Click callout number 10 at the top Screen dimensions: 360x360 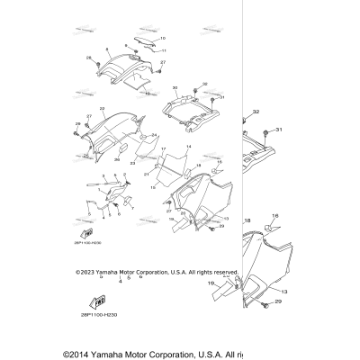click(x=162, y=40)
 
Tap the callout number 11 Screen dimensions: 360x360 click(x=163, y=51)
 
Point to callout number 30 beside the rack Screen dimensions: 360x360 click(x=175, y=89)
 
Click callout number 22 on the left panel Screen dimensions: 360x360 click(x=103, y=109)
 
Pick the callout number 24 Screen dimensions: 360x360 click(x=154, y=136)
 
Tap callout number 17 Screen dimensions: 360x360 click(x=163, y=149)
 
